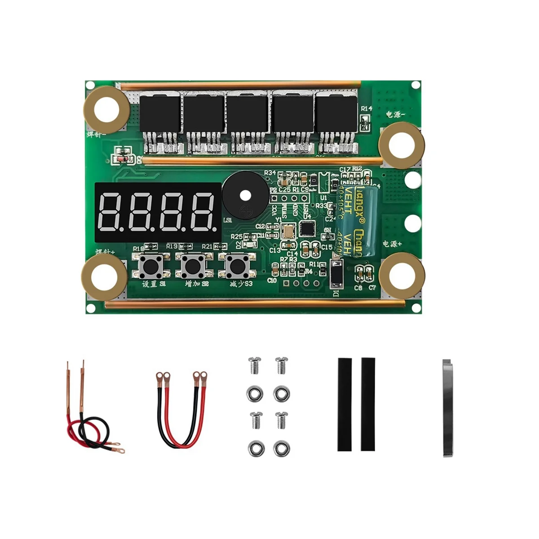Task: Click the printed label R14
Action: click(366, 109)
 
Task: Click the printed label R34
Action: click(269, 172)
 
